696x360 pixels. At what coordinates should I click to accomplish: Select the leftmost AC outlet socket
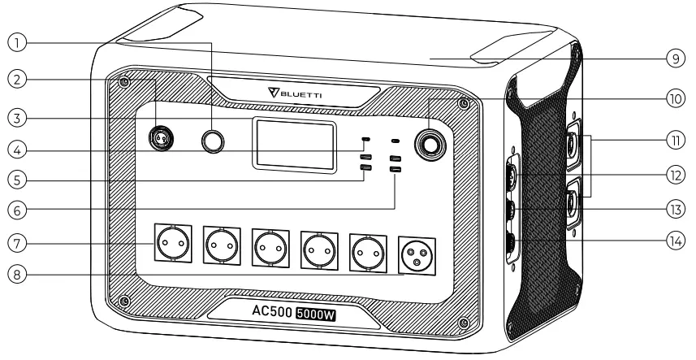[x=172, y=241]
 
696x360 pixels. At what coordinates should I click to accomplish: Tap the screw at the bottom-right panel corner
[x=464, y=323]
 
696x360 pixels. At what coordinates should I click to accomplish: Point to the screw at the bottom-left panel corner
[x=123, y=301]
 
